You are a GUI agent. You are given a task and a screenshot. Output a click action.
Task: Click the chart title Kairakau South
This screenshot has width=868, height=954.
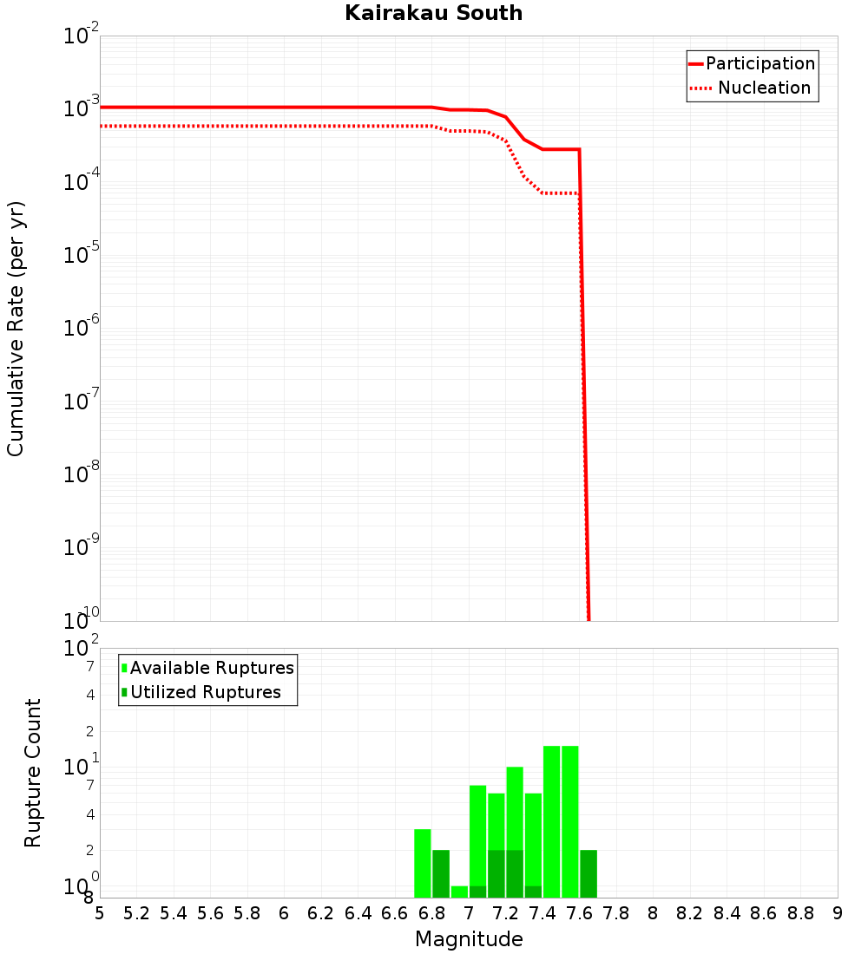433,13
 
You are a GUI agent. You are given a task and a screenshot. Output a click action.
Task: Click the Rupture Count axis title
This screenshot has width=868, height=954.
33,773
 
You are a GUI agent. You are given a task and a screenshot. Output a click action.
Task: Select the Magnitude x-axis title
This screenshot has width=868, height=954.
469,939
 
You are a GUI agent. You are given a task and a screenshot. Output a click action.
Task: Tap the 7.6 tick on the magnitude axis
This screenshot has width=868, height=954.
579,913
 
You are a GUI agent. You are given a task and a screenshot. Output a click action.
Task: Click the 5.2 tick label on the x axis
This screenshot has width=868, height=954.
137,913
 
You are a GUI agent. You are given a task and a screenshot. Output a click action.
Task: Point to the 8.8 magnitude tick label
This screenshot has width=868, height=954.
800,913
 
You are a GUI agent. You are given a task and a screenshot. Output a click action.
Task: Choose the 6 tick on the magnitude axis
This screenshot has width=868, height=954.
284,913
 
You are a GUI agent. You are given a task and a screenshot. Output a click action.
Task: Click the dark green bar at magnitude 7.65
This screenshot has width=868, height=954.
589,873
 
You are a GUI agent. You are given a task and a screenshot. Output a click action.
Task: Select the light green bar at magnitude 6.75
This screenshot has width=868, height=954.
423,863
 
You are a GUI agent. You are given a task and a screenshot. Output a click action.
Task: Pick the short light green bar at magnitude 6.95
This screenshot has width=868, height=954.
460,892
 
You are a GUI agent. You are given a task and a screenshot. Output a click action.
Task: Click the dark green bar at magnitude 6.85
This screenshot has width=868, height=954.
441,873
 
